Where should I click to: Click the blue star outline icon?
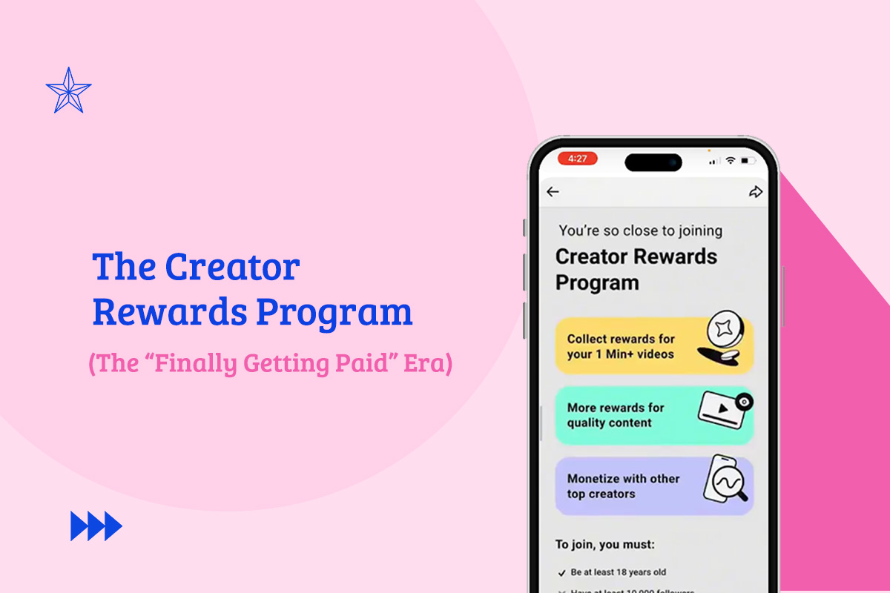coord(68,91)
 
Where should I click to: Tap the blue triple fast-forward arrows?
coord(96,526)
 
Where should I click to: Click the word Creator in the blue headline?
coord(232,267)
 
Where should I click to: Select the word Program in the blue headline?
coord(334,313)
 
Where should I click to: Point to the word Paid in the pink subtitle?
coord(365,364)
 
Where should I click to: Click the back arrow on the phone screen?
coord(553,192)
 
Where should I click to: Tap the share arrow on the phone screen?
coord(755,192)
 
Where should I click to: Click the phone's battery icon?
coord(748,160)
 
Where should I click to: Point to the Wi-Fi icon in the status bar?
coord(731,160)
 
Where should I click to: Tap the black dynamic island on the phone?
coord(653,162)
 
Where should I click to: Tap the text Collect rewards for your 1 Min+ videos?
coord(621,346)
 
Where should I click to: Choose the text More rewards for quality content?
coord(615,415)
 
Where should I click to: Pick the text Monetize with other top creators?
coord(623,486)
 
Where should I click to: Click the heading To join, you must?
coord(605,544)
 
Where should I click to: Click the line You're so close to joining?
coord(640,231)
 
